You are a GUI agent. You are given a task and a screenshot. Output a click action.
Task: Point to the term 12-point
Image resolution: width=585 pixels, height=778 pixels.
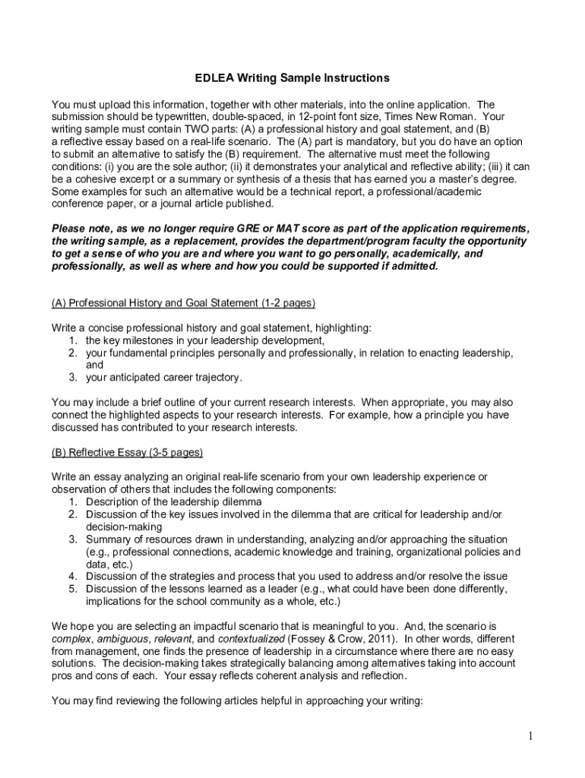coord(308,117)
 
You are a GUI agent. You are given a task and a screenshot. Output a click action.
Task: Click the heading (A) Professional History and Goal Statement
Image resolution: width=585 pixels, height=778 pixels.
coord(183,302)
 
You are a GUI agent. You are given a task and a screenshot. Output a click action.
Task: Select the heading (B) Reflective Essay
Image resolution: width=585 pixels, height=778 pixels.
coord(127,452)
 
